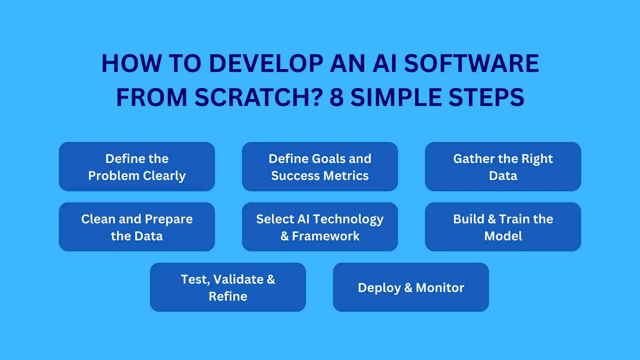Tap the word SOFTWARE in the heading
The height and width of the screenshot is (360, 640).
tap(471, 63)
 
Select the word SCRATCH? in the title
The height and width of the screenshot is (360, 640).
tap(259, 97)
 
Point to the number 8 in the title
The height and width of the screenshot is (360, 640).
tap(337, 97)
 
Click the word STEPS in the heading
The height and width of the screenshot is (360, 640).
tap(486, 97)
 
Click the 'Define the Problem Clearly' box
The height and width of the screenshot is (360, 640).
tap(137, 167)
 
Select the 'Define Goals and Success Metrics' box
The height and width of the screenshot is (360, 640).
tap(320, 167)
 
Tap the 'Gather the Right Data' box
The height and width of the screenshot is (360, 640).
tap(503, 167)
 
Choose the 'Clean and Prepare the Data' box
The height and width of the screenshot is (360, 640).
tap(137, 227)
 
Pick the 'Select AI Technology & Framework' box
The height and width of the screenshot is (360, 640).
tap(320, 227)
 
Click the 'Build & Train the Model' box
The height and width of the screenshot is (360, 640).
tap(503, 227)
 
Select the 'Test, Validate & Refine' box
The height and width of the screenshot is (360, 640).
tap(228, 287)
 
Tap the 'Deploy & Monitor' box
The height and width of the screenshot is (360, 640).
tap(411, 287)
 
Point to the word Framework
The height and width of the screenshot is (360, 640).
tap(326, 236)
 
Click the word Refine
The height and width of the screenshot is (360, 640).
tap(228, 296)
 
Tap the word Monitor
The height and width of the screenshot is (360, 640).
tap(440, 288)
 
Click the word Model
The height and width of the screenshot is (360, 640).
tap(503, 236)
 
